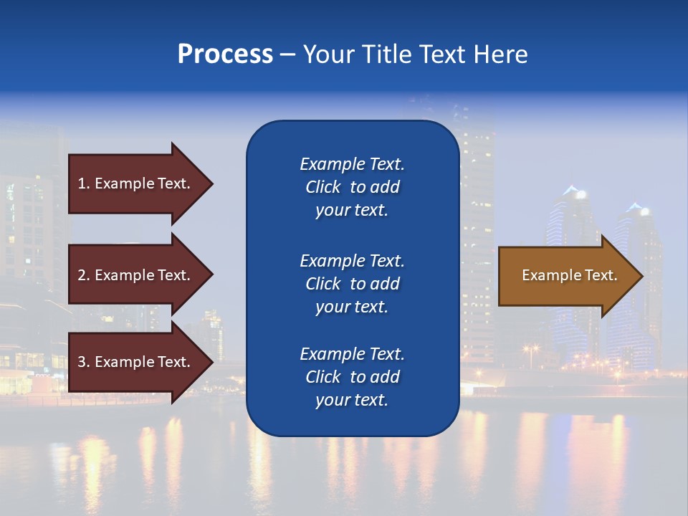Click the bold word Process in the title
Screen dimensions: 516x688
(225, 54)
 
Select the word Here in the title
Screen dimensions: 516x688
(500, 54)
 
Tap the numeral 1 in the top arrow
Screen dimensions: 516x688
(82, 183)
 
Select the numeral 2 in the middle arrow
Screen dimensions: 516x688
(82, 275)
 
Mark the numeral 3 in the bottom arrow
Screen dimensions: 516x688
(82, 362)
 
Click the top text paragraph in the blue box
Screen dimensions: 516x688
(352, 187)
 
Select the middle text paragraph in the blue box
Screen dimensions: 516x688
(352, 284)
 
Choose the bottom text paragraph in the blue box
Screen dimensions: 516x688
(352, 377)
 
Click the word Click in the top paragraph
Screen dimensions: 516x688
(323, 187)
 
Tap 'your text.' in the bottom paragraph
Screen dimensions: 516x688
(352, 400)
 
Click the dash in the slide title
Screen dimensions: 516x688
(287, 54)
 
